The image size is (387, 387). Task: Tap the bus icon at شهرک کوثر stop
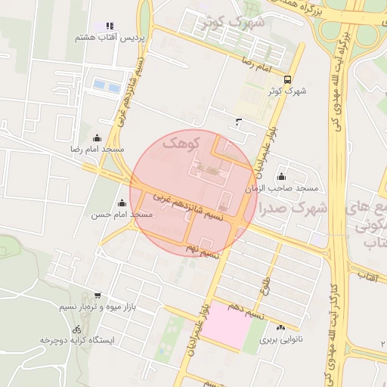click(286, 79)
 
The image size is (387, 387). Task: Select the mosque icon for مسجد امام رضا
click(97, 138)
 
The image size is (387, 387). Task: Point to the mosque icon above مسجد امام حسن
click(122, 203)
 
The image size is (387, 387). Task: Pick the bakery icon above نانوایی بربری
click(281, 327)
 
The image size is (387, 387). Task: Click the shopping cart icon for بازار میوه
click(97, 296)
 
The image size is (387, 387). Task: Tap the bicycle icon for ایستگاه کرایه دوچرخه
click(76, 329)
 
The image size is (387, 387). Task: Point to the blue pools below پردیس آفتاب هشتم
click(105, 87)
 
